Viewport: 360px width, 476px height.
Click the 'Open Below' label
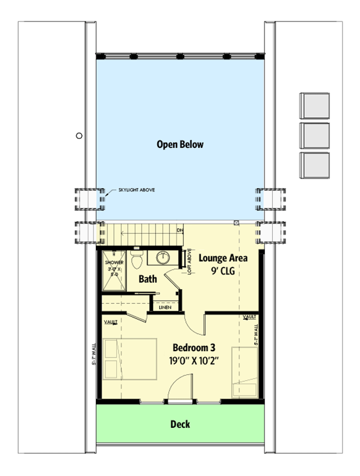coord(180,145)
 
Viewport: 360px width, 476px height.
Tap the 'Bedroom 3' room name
coord(194,348)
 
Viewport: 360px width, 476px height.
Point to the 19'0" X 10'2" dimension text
coord(194,361)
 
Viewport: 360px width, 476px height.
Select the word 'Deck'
coord(180,424)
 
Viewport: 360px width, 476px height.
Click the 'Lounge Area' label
coord(223,258)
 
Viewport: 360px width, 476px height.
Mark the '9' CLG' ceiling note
coord(223,271)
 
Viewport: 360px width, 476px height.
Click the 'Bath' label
coord(148,279)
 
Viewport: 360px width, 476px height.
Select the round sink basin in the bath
coord(163,257)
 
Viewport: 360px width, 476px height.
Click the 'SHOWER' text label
coord(114,262)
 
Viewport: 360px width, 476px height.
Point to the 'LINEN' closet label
coord(165,307)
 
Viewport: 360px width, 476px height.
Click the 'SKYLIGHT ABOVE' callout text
coord(136,190)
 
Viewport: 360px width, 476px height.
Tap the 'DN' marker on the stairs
coord(180,230)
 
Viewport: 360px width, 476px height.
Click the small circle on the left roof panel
coord(79,136)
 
